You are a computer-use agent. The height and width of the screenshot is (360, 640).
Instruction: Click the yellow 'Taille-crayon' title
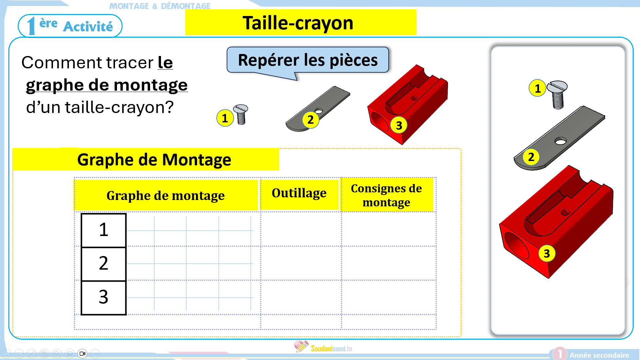click(x=301, y=22)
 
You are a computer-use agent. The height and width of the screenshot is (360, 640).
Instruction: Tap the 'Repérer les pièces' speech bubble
click(x=308, y=60)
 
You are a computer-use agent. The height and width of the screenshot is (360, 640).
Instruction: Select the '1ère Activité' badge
click(x=70, y=26)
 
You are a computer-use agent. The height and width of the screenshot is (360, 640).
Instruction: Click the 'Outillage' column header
click(x=299, y=193)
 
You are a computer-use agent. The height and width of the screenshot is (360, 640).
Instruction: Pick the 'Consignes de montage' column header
click(x=387, y=195)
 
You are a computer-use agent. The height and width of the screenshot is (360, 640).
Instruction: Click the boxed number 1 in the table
click(x=104, y=230)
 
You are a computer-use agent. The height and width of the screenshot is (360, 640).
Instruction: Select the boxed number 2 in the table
click(x=104, y=264)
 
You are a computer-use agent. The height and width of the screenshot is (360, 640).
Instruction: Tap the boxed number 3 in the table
click(x=104, y=297)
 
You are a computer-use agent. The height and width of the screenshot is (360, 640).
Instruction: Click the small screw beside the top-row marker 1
click(x=241, y=114)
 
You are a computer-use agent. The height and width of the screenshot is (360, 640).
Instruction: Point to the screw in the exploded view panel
click(x=558, y=94)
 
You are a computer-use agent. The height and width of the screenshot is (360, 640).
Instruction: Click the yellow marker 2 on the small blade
click(x=310, y=120)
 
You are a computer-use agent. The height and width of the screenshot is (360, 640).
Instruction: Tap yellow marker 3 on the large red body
click(x=399, y=125)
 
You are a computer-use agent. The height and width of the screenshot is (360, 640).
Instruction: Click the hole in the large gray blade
click(x=560, y=141)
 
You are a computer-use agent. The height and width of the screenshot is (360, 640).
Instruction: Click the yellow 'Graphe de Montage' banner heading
click(x=154, y=160)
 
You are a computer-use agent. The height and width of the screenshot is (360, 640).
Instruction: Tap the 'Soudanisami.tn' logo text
click(x=331, y=349)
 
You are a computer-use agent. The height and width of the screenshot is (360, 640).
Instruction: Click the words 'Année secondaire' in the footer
click(x=599, y=355)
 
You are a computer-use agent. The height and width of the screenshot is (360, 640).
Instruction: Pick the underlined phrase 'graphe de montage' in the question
click(x=107, y=85)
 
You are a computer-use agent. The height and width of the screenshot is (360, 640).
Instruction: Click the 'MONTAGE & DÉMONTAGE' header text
click(x=160, y=6)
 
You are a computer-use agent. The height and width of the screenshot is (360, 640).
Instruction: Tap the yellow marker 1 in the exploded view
click(x=537, y=88)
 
